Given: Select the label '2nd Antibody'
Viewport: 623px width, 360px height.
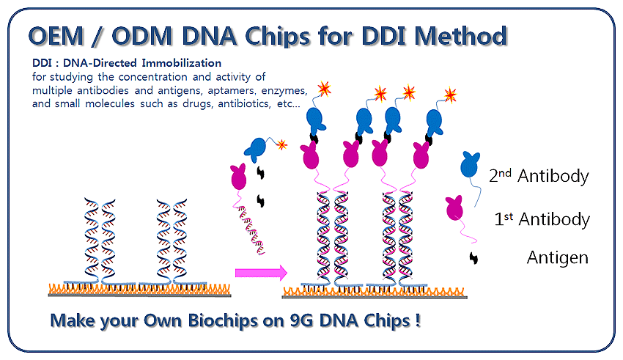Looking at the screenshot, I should coord(539,176).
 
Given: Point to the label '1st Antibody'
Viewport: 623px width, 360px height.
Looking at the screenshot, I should coord(542,219).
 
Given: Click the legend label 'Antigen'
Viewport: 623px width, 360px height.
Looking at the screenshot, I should coord(558,257).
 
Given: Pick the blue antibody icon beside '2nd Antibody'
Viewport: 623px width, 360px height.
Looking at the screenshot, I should coord(470,164).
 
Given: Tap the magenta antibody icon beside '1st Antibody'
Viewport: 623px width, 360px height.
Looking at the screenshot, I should coord(456,208).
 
